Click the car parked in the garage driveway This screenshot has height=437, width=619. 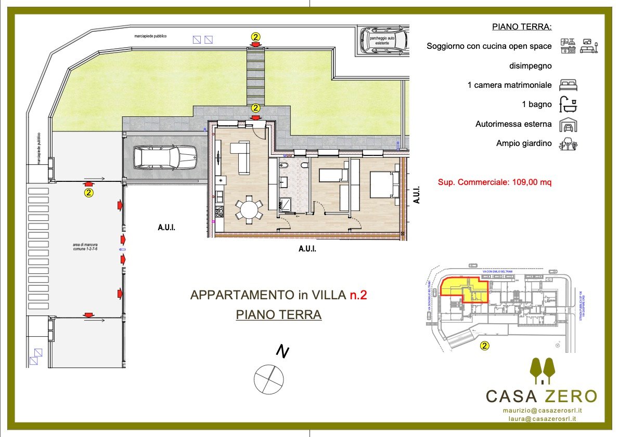click(165, 157)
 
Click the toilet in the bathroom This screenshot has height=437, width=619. click(283, 166)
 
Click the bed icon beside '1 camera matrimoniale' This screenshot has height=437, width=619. click(568, 85)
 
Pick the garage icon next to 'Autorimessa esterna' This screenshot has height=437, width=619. click(568, 125)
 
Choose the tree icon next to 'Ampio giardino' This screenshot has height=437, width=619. click(568, 144)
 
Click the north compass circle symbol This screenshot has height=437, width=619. click(269, 379)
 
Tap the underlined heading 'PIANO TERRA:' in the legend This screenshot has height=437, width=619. click(522, 27)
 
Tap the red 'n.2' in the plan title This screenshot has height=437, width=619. click(358, 295)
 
